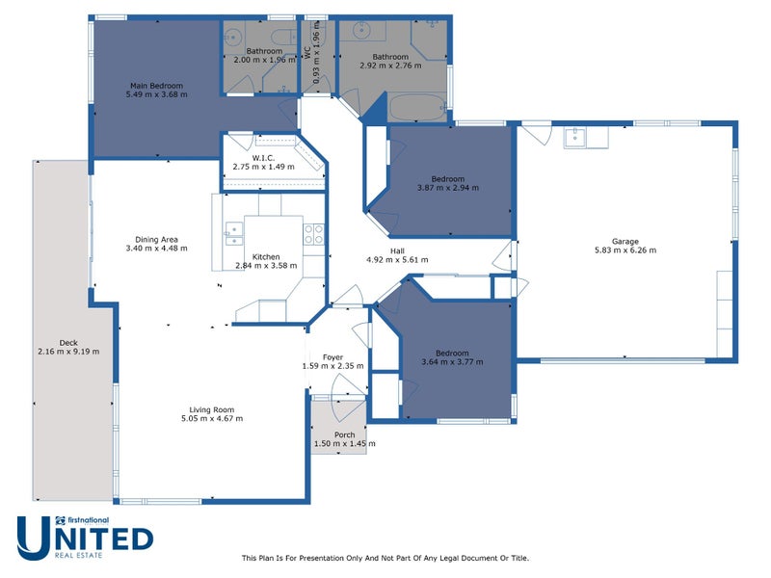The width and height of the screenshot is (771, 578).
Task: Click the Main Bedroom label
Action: tap(156, 86)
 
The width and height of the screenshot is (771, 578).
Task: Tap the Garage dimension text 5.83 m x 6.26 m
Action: tap(625, 250)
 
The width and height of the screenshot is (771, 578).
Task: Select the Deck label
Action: tap(68, 343)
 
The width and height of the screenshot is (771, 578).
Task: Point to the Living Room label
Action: tap(211, 410)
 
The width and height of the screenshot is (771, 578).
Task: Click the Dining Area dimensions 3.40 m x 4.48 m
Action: tap(156, 249)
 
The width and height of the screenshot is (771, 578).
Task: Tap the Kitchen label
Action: tap(266, 256)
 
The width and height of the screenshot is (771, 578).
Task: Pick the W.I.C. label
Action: tap(263, 158)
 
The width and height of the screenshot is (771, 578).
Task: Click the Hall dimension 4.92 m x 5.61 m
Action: tap(397, 259)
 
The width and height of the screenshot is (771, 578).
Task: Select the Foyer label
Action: tap(332, 357)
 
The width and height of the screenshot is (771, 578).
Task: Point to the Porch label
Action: tap(345, 435)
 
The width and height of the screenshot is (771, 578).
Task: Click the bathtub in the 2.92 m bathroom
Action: tap(418, 107)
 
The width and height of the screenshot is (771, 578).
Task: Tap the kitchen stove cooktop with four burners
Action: tap(313, 234)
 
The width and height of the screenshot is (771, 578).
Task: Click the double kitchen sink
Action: tap(234, 233)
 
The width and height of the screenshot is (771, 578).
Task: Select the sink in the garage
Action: tap(574, 138)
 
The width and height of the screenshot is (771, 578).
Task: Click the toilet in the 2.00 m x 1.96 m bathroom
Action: tap(283, 37)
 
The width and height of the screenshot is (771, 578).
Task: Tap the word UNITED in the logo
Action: tap(85, 539)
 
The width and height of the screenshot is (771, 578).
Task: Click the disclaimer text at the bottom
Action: tap(385, 558)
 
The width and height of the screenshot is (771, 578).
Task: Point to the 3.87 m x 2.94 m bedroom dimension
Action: tap(448, 188)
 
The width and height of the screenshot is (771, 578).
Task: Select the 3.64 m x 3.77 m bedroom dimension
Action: tap(452, 362)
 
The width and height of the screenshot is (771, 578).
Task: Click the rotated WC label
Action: tap(306, 53)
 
